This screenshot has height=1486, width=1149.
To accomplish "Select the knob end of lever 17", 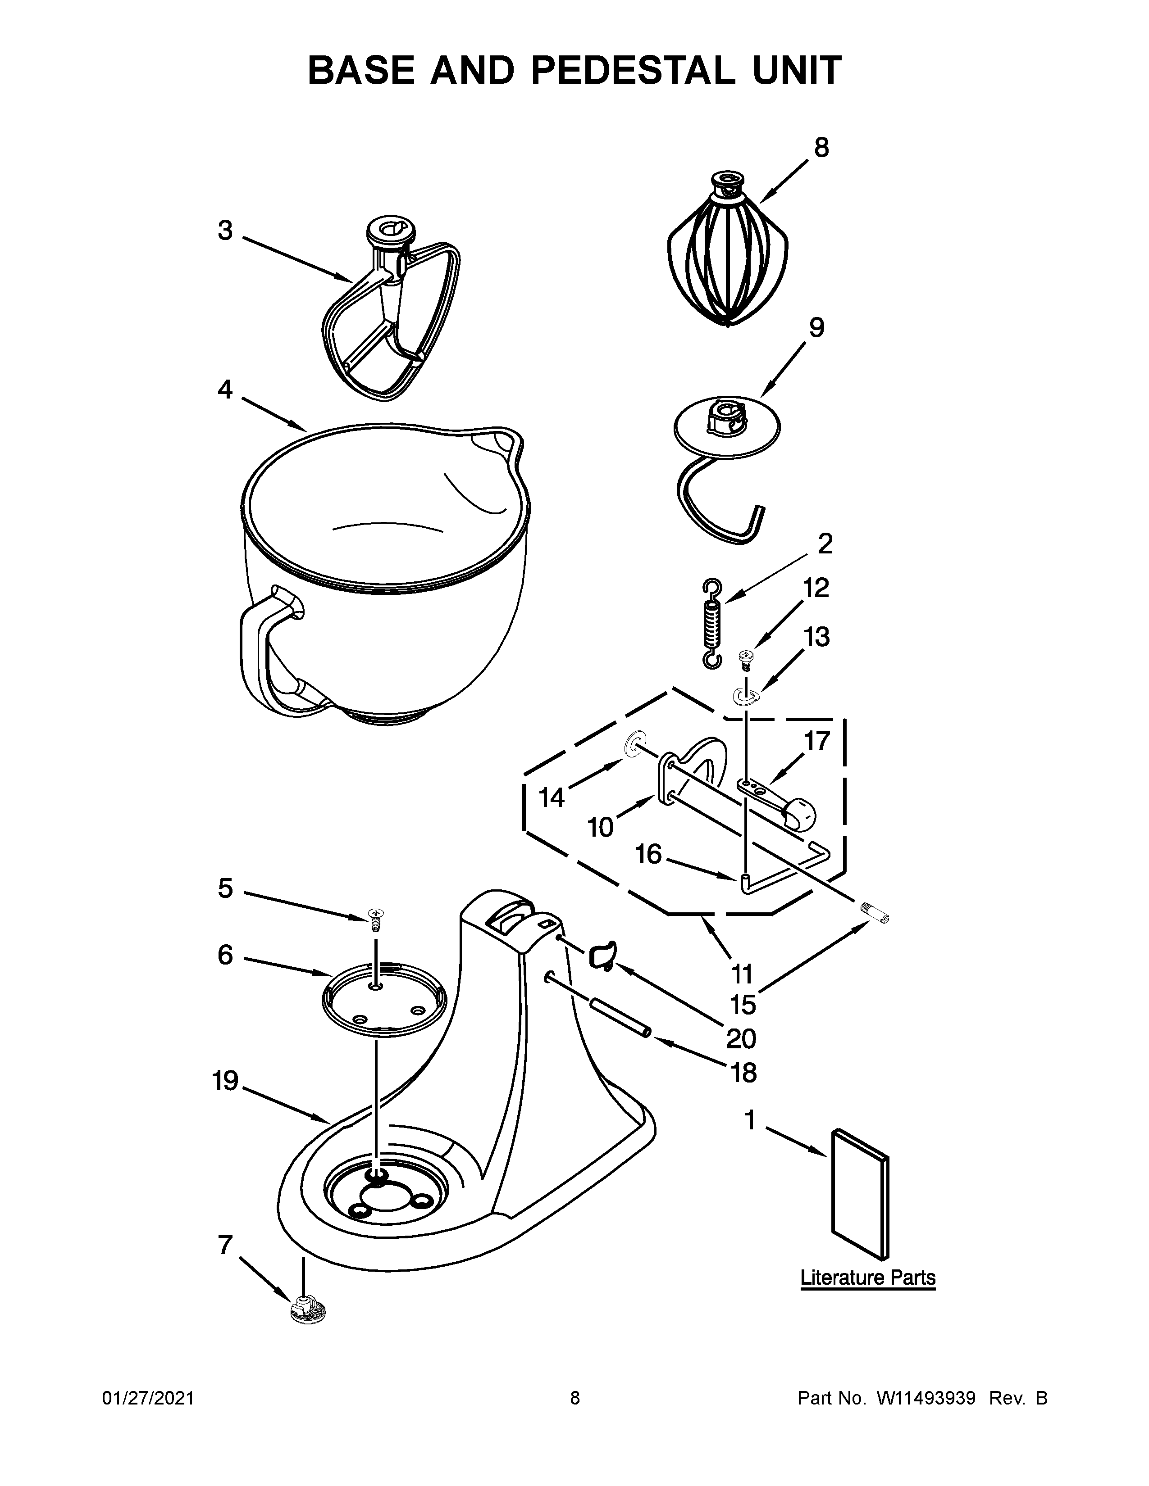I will (801, 813).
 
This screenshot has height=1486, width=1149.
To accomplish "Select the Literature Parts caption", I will (868, 1277).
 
